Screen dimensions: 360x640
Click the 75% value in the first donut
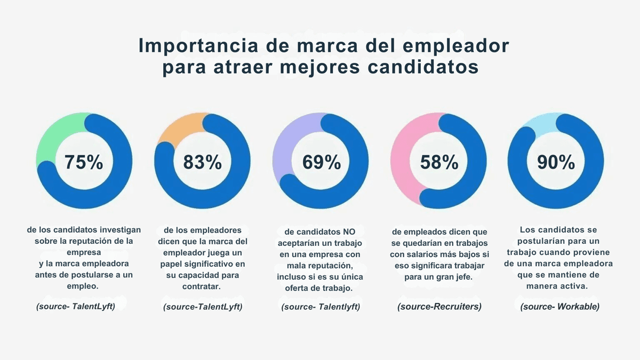click(84, 162)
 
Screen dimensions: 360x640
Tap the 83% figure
click(203, 162)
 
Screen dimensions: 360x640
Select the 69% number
click(321, 162)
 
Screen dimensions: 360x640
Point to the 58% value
click(439, 162)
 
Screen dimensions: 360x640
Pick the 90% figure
click(556, 162)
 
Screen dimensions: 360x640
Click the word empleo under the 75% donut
click(84, 286)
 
